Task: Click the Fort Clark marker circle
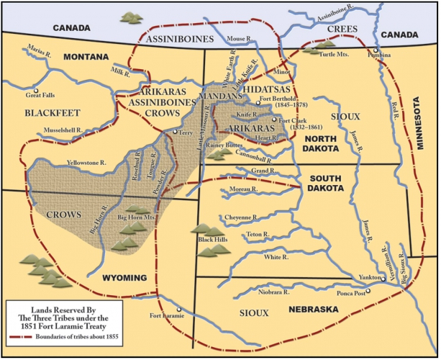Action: (x=273, y=120)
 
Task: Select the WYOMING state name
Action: (x=119, y=277)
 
